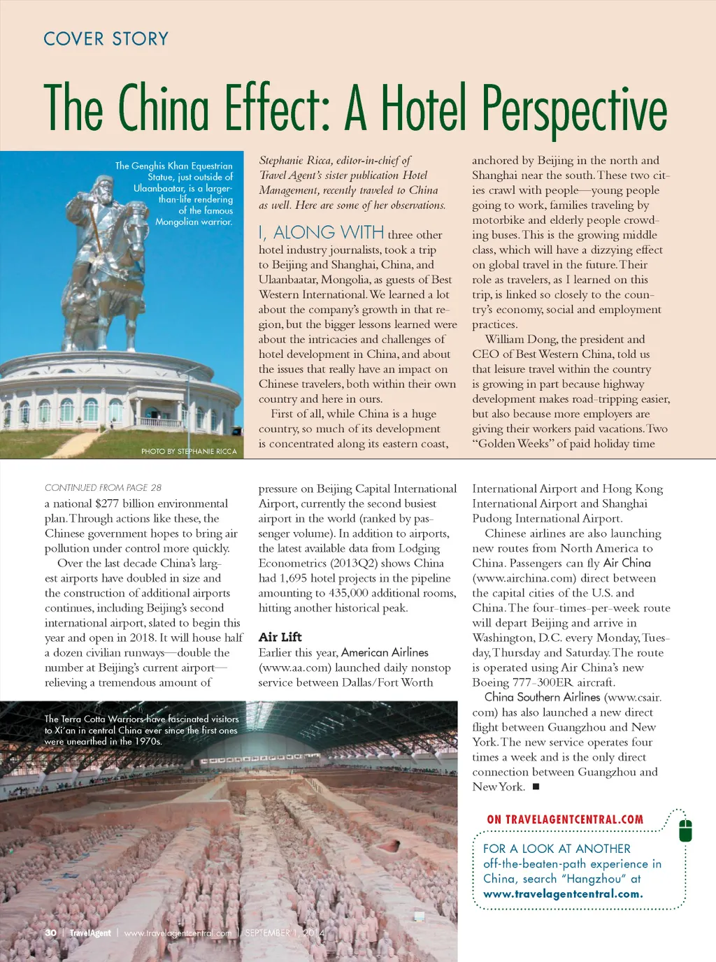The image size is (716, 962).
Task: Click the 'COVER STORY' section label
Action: tap(106, 38)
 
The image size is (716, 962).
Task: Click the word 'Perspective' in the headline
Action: tap(573, 109)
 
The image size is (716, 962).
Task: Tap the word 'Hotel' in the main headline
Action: tap(422, 109)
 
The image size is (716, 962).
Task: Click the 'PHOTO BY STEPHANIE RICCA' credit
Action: tap(189, 452)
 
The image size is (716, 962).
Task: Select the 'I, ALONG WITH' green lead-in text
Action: tap(321, 233)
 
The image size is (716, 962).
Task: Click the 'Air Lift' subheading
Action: tap(280, 637)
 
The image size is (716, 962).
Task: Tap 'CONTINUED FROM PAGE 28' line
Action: tap(103, 487)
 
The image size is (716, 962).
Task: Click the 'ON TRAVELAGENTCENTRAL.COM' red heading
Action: tap(565, 819)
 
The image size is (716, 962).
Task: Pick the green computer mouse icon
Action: tap(685, 831)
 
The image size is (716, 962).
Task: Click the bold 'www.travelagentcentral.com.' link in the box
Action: tap(563, 894)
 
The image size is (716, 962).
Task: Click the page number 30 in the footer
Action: tap(50, 933)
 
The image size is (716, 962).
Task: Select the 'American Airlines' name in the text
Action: tap(385, 652)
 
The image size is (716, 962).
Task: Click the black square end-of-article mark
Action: tap(536, 787)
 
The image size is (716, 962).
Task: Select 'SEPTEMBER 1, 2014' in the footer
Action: tap(285, 933)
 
